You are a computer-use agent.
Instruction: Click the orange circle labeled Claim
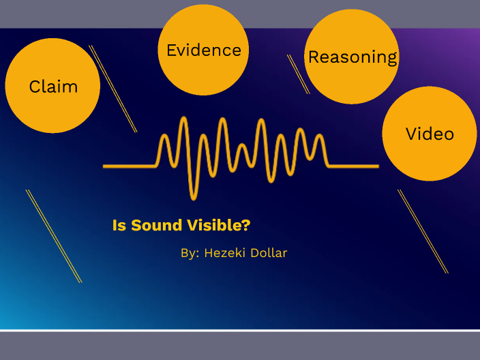52,86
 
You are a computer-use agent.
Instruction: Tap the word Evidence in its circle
203,50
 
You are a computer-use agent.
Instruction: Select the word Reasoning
352,57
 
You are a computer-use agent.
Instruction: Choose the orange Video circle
429,134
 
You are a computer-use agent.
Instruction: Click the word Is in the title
119,226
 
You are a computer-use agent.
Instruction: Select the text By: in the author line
190,253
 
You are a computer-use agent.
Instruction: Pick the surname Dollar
270,253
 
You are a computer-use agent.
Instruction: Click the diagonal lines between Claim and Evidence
113,89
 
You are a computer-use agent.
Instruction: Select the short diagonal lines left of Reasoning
298,74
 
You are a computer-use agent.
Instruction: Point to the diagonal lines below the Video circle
423,232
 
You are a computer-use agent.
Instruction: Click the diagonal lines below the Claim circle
54,236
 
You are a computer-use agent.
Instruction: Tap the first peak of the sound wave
164,137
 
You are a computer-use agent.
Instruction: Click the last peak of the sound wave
318,136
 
